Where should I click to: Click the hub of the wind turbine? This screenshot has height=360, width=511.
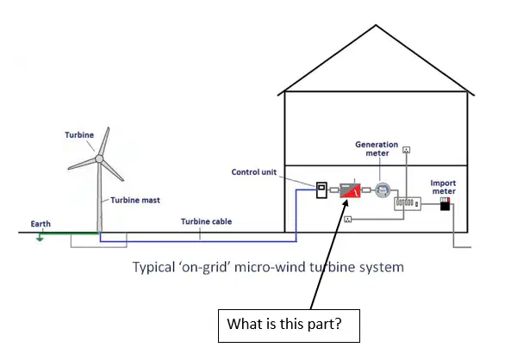[99, 158]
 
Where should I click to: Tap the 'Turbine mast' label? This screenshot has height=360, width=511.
[135, 200]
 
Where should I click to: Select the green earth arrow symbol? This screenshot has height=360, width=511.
[40, 237]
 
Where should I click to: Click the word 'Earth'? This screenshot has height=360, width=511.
[41, 224]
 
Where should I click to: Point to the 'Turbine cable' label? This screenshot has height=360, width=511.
[206, 221]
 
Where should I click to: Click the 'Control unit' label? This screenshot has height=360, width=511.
[254, 172]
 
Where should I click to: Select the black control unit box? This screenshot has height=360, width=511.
[321, 190]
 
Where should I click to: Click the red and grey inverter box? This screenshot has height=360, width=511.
[351, 190]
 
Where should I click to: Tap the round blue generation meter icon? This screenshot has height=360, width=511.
[383, 190]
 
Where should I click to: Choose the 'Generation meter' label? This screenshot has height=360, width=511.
[377, 148]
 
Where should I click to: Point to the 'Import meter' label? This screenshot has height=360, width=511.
[443, 187]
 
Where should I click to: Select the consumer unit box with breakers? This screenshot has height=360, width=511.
[408, 203]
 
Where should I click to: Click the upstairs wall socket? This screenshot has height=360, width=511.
[407, 150]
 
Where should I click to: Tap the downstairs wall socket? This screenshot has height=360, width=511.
[348, 220]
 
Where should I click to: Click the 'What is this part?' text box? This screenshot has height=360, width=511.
[289, 326]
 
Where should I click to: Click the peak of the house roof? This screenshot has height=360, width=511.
[376, 25]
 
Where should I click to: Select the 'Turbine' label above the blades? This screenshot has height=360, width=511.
[79, 135]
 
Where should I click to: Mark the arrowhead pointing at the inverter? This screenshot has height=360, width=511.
[346, 203]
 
